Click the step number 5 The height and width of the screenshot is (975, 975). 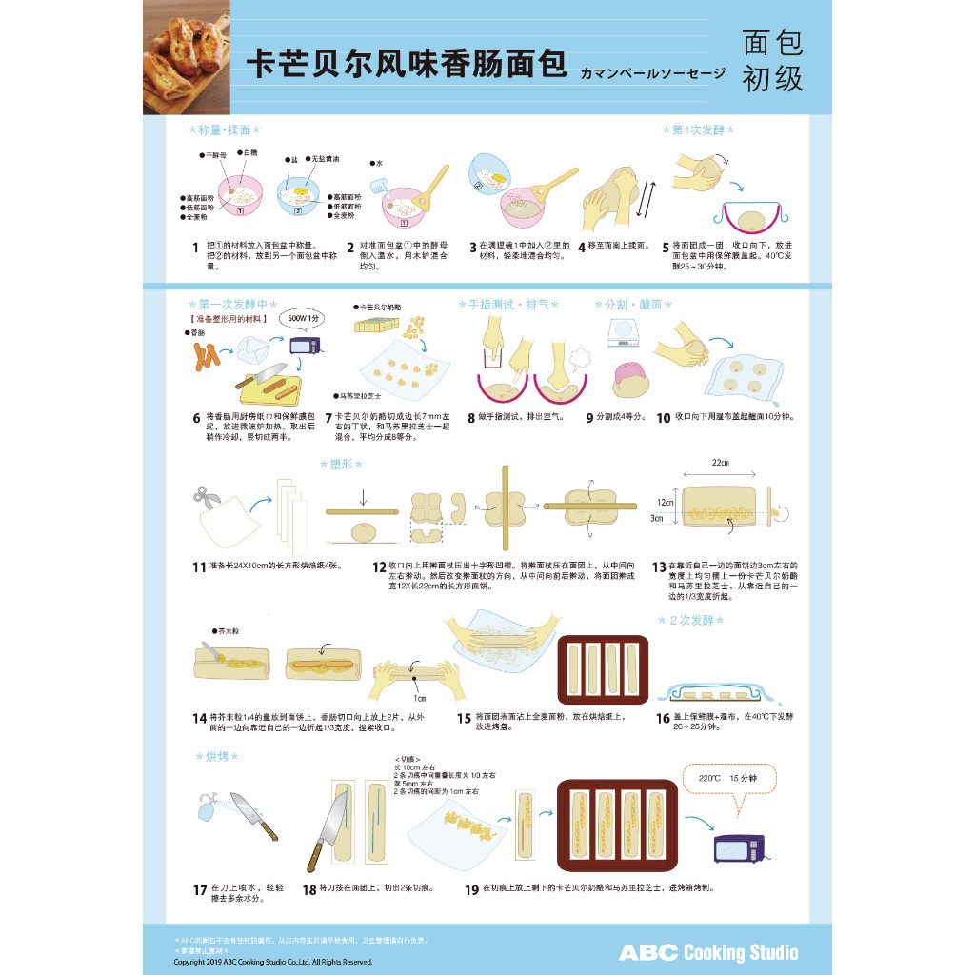pyautogui.click(x=666, y=247)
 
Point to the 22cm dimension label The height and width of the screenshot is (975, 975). pyautogui.click(x=720, y=463)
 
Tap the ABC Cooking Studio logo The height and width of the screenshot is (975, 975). pyautogui.click(x=708, y=952)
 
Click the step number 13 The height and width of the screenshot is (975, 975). pyautogui.click(x=659, y=567)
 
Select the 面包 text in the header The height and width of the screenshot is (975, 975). pyautogui.click(x=772, y=41)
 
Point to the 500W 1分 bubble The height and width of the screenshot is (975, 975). pyautogui.click(x=304, y=319)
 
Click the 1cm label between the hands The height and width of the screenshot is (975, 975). pyautogui.click(x=420, y=698)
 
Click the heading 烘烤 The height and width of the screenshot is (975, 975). pyautogui.click(x=215, y=756)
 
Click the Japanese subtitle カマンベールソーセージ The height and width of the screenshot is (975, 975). pyautogui.click(x=652, y=72)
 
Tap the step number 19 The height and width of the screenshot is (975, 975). pyautogui.click(x=471, y=889)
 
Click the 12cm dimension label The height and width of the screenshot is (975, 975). pyautogui.click(x=667, y=501)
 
